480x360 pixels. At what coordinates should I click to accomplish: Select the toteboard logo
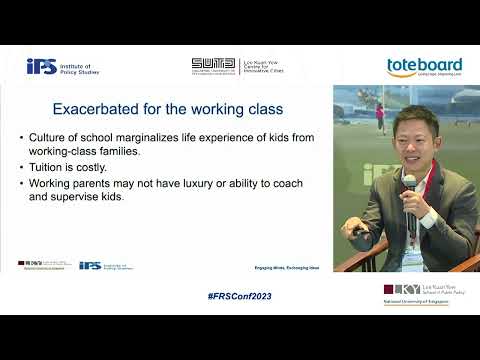[423, 67]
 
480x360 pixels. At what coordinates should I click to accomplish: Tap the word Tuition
[48, 167]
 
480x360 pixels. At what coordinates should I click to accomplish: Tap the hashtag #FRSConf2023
[239, 297]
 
